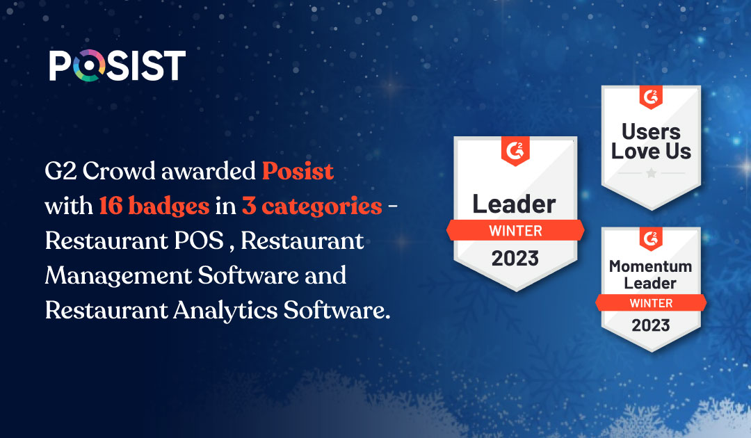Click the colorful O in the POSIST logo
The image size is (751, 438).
[x=88, y=65]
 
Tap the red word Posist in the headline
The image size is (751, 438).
[x=298, y=171]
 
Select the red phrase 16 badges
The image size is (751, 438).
[x=154, y=206]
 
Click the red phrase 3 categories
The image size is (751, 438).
[x=312, y=206]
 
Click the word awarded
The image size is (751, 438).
[x=209, y=171]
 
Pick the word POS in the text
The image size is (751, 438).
[x=199, y=241]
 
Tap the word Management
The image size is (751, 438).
[x=118, y=276]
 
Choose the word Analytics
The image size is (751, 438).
[x=225, y=310]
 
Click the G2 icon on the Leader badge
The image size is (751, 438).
[x=515, y=152]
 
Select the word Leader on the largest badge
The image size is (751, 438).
[x=514, y=204]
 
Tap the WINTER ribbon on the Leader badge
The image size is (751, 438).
[x=515, y=230]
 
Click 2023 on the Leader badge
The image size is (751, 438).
[x=515, y=259]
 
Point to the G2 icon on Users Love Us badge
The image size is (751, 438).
[x=651, y=97]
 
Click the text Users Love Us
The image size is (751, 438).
[x=651, y=141]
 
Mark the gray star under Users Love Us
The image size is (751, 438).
[x=652, y=173]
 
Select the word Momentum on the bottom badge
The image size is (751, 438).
[x=650, y=266]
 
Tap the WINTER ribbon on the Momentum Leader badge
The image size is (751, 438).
[x=651, y=303]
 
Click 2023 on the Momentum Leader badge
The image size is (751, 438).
[x=651, y=325]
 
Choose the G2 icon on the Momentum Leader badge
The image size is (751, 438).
[x=651, y=239]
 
